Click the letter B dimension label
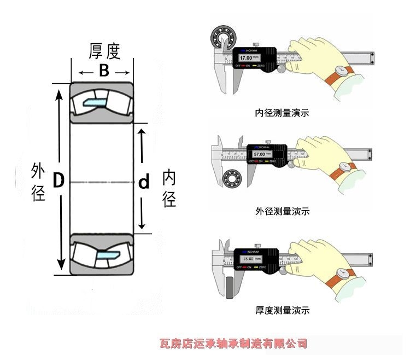pos(104,71)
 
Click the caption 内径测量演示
pos(282,114)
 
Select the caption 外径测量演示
pos(282,211)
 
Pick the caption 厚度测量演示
pos(282,310)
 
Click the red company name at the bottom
pos(233,344)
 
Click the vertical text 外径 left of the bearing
pos(38,181)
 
